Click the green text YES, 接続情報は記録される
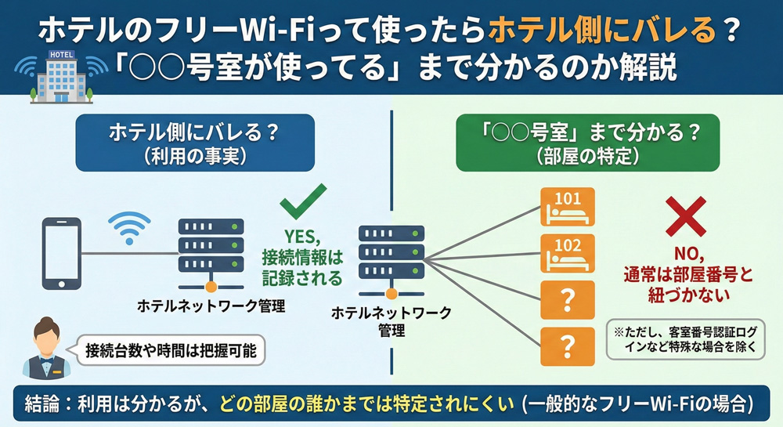tap(303, 255)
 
